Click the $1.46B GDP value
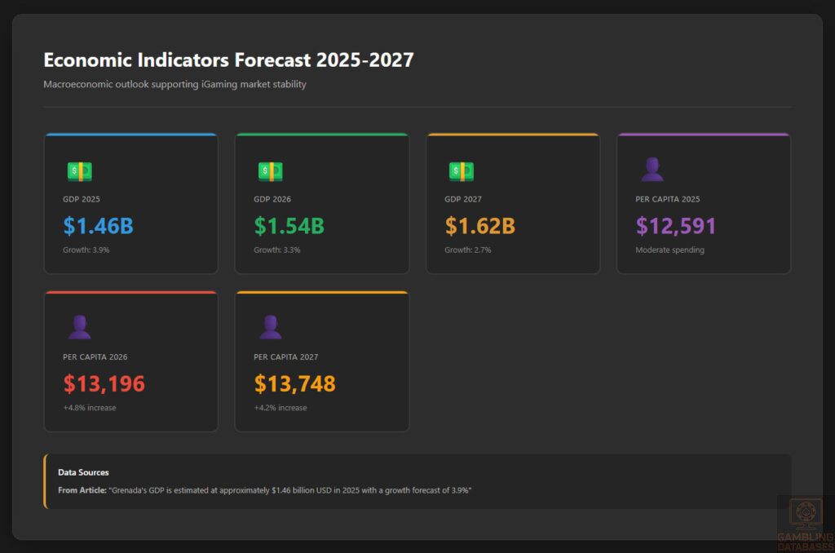(x=98, y=226)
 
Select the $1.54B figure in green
(x=289, y=226)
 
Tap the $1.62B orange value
(x=479, y=226)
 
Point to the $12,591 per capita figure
(x=676, y=226)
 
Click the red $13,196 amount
(x=104, y=383)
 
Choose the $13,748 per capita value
(x=295, y=383)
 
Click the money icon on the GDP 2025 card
(x=79, y=171)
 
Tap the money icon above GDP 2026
(x=270, y=171)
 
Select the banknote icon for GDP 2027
(x=461, y=171)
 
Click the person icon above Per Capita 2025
(x=652, y=170)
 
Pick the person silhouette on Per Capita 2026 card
(x=79, y=327)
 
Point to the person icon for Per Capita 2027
(x=270, y=327)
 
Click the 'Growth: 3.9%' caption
(x=86, y=250)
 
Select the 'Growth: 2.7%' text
(x=467, y=250)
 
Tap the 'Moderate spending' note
(x=669, y=250)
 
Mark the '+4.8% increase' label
(x=90, y=408)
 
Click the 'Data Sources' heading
(x=83, y=472)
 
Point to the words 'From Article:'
(x=82, y=489)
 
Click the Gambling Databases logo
(x=805, y=521)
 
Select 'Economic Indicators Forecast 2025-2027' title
(x=228, y=60)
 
